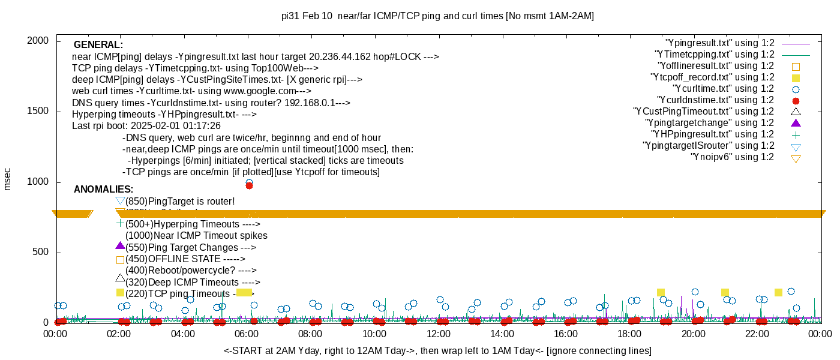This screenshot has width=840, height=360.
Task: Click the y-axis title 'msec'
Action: pyautogui.click(x=7, y=179)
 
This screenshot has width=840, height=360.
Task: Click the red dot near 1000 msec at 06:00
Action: pyautogui.click(x=249, y=185)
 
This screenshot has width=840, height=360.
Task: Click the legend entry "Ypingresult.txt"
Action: pyautogui.click(x=720, y=43)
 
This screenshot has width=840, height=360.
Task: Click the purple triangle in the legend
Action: pyautogui.click(x=796, y=123)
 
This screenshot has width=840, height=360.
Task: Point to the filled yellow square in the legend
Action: pyautogui.click(x=796, y=78)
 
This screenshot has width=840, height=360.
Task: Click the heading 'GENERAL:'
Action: pyautogui.click(x=98, y=45)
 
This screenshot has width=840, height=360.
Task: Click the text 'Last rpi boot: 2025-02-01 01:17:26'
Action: pyautogui.click(x=146, y=126)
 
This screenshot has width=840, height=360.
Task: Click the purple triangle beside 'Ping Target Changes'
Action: pyautogui.click(x=120, y=246)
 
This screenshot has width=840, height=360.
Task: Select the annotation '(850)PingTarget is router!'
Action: pyautogui.click(x=180, y=202)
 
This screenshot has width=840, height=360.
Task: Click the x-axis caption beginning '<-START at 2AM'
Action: pyautogui.click(x=437, y=350)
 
